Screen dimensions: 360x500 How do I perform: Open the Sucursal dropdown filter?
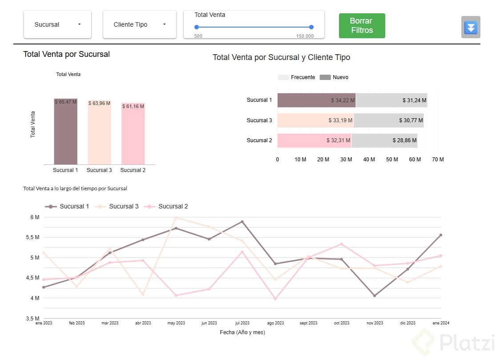[x=57, y=24]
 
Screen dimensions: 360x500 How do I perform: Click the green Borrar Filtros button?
[x=362, y=26]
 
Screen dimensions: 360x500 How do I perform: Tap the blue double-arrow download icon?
[x=471, y=28]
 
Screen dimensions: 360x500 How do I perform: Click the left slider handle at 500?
[x=197, y=27]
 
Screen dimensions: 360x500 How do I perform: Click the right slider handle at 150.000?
[x=311, y=27]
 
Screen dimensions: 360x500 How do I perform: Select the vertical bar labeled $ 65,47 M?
[x=66, y=132]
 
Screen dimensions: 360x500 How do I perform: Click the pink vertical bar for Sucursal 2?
[x=133, y=134]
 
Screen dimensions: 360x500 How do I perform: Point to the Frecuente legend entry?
[x=297, y=77]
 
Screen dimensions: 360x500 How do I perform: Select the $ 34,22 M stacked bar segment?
[x=316, y=100]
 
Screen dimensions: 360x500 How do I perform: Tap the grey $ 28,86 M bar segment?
[x=384, y=140]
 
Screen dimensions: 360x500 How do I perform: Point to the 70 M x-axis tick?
[x=438, y=160]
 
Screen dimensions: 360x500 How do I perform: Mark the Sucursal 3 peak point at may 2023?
[x=176, y=218]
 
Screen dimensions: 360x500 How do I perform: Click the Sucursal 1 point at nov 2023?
[x=375, y=296]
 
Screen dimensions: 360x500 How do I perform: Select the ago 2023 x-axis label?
[x=275, y=323]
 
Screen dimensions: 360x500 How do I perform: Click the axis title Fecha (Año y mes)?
[x=242, y=332]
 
